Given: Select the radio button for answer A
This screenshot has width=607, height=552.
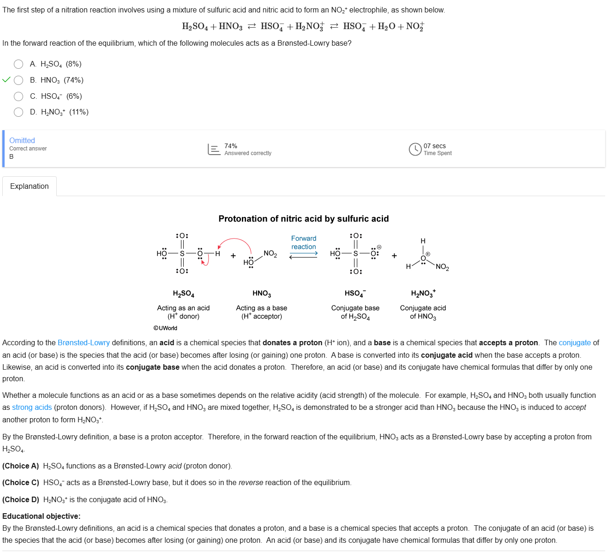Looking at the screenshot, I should click(x=18, y=64).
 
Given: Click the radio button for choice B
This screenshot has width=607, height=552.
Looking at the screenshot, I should click(x=18, y=80).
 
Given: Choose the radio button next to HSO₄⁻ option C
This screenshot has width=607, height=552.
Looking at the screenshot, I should click(x=18, y=96).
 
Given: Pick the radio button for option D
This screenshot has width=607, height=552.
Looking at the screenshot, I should click(x=18, y=112).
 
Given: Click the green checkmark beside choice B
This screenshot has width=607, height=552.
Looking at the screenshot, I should click(x=6, y=80).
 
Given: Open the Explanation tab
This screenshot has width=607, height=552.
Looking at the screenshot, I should click(x=30, y=186).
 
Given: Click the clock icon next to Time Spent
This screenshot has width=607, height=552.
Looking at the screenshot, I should click(x=415, y=149).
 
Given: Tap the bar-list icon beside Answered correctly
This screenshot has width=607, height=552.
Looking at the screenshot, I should click(x=214, y=149).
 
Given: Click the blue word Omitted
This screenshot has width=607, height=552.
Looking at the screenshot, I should click(x=22, y=140).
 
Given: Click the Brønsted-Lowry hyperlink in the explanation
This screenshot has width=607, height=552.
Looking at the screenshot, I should click(x=84, y=342).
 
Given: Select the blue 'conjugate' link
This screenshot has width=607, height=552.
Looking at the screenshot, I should click(x=575, y=342).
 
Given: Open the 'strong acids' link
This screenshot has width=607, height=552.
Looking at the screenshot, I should click(x=32, y=407).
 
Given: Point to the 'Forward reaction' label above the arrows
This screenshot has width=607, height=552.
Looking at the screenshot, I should click(x=304, y=242).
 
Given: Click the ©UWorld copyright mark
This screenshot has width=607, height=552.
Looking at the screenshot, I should click(x=165, y=328).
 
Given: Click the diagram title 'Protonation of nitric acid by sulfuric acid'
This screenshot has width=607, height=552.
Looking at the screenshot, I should click(x=304, y=219).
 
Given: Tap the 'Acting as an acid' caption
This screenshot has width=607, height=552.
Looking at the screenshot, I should click(x=183, y=308).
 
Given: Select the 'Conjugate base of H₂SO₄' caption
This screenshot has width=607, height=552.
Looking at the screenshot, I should click(x=355, y=312).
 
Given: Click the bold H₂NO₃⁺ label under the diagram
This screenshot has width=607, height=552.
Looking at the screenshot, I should click(x=423, y=294).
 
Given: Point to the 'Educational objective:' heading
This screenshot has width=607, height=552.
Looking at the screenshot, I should click(x=42, y=516).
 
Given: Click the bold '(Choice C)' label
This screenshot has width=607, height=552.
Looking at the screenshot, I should click(x=21, y=482).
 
